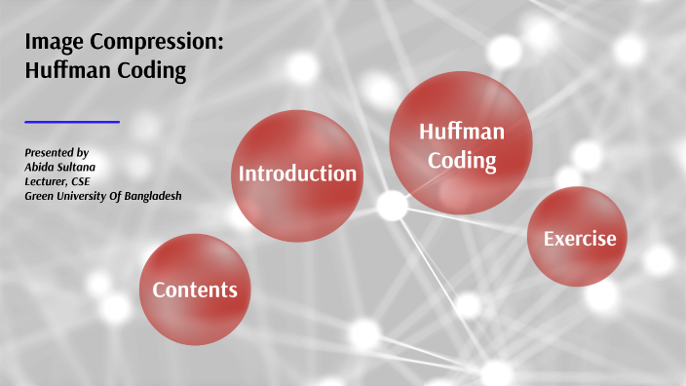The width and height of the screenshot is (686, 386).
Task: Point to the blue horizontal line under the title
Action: tap(71, 122)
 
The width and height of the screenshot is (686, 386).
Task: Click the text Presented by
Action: tap(57, 153)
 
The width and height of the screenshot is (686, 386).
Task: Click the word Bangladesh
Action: tap(149, 196)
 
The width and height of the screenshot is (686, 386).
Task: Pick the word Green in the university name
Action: tap(41, 196)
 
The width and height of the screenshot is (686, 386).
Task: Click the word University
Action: tap(84, 196)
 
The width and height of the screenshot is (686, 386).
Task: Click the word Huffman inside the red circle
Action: tap(461, 132)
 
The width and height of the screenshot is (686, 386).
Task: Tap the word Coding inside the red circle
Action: tap(462, 159)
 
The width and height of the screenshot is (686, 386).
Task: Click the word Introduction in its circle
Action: tap(297, 174)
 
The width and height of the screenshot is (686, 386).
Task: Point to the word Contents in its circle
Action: tap(195, 289)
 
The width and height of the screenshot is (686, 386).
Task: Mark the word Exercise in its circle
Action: tap(579, 238)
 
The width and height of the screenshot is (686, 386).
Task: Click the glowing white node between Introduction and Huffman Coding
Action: tap(392, 205)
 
